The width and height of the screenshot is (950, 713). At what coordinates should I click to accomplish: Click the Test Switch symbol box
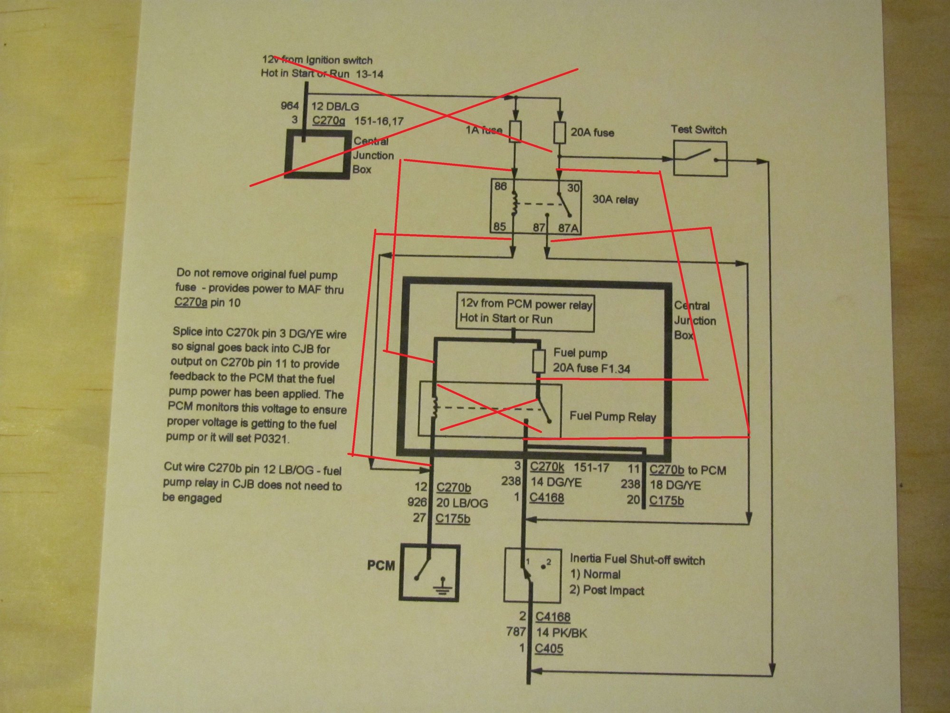point(700,159)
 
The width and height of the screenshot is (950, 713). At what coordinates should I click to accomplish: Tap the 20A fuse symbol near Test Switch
point(560,132)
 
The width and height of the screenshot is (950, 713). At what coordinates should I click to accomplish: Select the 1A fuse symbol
point(515,132)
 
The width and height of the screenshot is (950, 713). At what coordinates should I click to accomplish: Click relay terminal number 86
point(501,186)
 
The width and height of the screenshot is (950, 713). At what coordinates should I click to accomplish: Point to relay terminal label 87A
point(569,228)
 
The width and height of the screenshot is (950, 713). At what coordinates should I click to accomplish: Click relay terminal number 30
point(573,188)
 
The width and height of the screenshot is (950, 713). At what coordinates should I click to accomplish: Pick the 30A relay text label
point(615,200)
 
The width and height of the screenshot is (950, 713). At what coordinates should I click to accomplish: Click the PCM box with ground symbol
point(429,572)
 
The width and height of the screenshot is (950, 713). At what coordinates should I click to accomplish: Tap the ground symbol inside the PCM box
point(443,588)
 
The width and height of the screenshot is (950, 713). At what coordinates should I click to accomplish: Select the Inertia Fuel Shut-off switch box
point(532,575)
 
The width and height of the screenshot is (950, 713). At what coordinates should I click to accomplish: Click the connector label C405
point(549,648)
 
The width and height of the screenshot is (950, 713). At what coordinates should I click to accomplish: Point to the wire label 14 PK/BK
point(561,633)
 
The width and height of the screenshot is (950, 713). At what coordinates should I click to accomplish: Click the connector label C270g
point(329,120)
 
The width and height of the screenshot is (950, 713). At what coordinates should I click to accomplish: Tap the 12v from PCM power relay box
point(525,311)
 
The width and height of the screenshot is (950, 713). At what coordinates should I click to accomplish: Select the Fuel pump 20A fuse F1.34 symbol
point(538,361)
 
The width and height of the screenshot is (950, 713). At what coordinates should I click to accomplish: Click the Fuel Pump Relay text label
point(613,417)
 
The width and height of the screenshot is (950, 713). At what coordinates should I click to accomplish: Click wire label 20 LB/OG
point(462,503)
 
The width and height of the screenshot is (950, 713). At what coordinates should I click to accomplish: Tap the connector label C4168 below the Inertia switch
point(553,617)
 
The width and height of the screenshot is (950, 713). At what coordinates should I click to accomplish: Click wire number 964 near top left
point(290,106)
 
